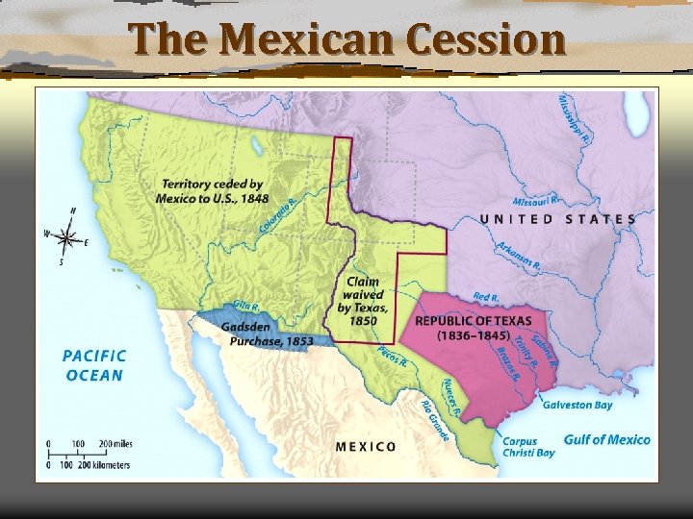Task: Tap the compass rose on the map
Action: pyautogui.click(x=66, y=235)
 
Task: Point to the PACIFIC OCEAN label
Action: pyautogui.click(x=93, y=364)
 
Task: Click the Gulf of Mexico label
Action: pyautogui.click(x=606, y=439)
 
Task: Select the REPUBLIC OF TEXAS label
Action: pyautogui.click(x=473, y=327)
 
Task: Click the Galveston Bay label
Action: pyautogui.click(x=577, y=405)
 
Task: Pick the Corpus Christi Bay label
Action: pyautogui.click(x=528, y=446)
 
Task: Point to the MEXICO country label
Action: pyautogui.click(x=366, y=446)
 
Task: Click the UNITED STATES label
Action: pyautogui.click(x=557, y=219)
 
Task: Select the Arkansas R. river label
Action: pyautogui.click(x=520, y=255)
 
